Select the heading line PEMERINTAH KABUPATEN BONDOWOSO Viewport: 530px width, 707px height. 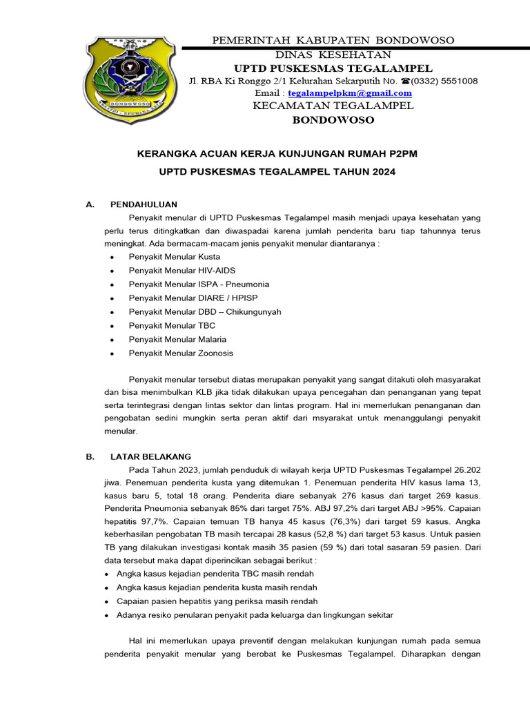coord(332,40)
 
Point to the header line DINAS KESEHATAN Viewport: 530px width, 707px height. coord(333,54)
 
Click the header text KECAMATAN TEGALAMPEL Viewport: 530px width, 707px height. coord(333,106)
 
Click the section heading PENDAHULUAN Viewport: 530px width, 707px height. coord(144,204)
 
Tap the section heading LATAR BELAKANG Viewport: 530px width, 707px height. coord(150,457)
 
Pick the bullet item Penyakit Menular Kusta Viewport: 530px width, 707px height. coord(169,256)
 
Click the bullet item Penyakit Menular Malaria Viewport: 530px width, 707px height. coord(177,339)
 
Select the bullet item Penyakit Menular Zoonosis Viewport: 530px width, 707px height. coord(181,353)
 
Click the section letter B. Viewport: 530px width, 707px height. coord(88,457)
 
